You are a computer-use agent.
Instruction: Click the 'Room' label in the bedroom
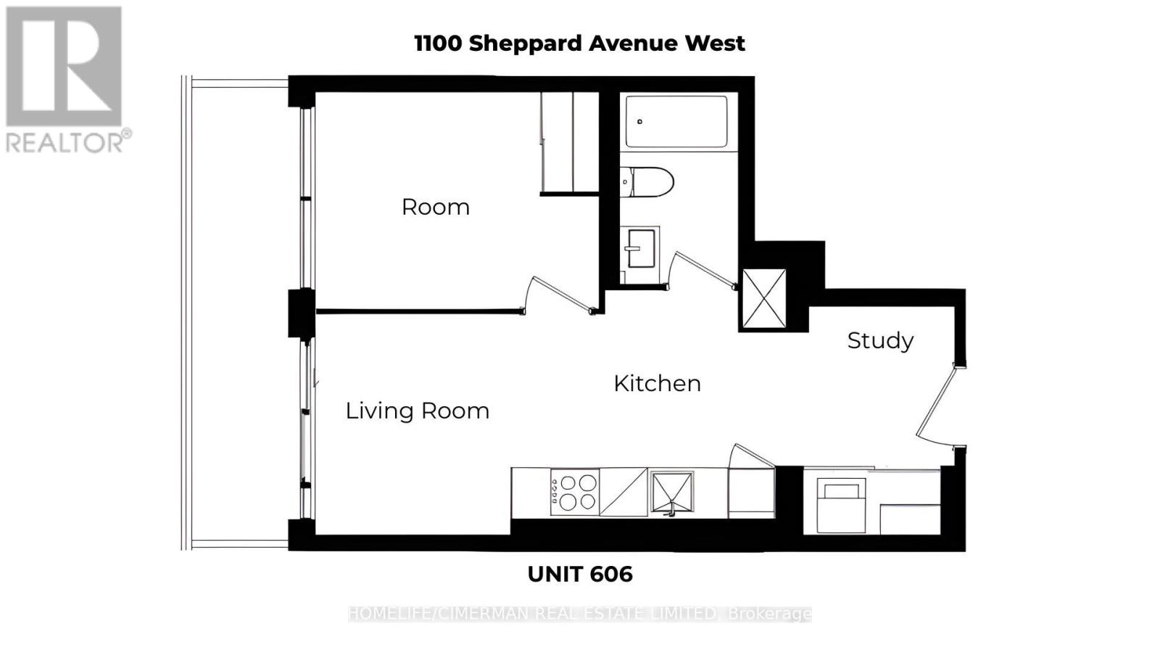435,207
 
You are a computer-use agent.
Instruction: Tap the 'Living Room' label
417,411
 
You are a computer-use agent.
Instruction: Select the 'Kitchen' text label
657,383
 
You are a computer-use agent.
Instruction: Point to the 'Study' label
879,340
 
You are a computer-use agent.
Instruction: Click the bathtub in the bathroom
677,121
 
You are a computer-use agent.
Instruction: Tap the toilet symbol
647,182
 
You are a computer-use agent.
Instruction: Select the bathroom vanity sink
639,248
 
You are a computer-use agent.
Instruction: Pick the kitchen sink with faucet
671,493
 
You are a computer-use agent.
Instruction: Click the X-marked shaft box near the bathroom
764,298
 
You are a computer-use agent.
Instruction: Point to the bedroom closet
569,142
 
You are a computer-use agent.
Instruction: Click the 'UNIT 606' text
579,574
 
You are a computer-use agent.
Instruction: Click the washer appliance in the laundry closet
841,505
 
